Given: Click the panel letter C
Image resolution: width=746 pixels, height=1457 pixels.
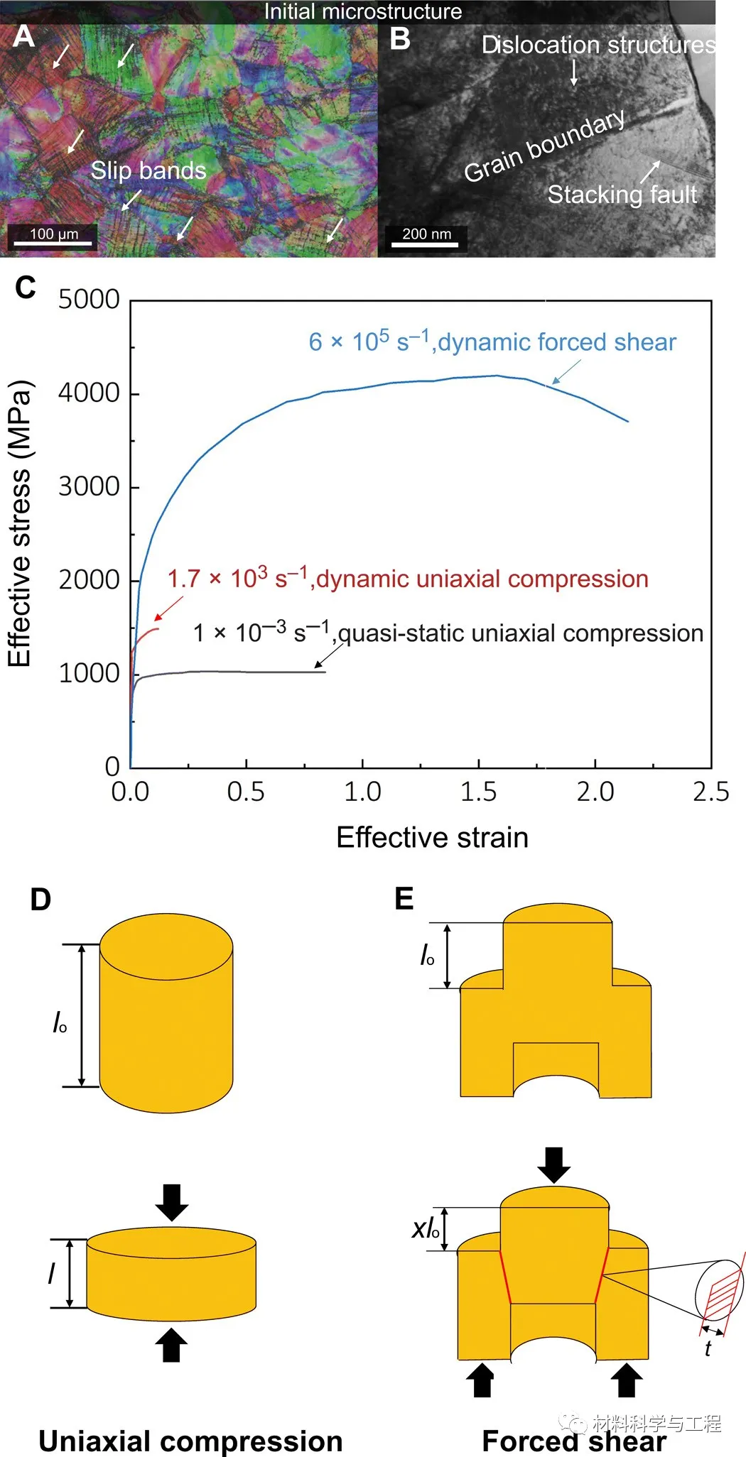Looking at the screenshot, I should pyautogui.click(x=26, y=288).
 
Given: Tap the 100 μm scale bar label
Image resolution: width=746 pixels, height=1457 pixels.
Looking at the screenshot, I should pyautogui.click(x=54, y=234).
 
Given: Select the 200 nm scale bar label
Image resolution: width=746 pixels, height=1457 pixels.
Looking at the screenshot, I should pyautogui.click(x=426, y=234).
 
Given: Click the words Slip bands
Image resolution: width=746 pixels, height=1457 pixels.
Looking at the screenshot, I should pyautogui.click(x=148, y=170).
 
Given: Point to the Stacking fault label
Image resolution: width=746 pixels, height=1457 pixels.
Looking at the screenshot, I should pyautogui.click(x=622, y=194).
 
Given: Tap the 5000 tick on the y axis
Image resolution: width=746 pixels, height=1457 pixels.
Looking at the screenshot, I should pyautogui.click(x=89, y=300).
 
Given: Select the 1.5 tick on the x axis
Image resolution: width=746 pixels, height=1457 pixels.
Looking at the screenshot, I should pyautogui.click(x=478, y=792).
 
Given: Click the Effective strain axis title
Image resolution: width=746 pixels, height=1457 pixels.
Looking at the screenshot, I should pyautogui.click(x=432, y=837).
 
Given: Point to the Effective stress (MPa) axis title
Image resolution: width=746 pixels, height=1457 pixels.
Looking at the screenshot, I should pyautogui.click(x=20, y=524).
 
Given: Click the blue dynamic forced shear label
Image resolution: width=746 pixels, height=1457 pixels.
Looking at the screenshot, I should pyautogui.click(x=492, y=342).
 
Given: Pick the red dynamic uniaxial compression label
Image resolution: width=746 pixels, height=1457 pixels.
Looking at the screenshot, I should pyautogui.click(x=408, y=579).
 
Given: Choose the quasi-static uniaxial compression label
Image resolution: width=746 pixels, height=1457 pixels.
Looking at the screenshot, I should pyautogui.click(x=448, y=633).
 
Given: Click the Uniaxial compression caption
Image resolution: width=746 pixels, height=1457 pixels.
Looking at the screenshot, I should pyautogui.click(x=190, y=1441).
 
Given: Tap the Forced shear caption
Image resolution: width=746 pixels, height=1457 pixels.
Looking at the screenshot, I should pyautogui.click(x=574, y=1441).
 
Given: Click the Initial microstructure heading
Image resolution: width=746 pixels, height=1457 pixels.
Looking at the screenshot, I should pyautogui.click(x=363, y=11).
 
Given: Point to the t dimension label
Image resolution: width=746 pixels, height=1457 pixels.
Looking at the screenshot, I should pyautogui.click(x=708, y=1348).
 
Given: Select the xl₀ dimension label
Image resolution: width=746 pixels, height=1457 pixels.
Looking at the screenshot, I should pyautogui.click(x=426, y=1228).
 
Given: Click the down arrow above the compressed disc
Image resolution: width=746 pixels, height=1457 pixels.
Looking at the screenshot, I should pyautogui.click(x=171, y=1202).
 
